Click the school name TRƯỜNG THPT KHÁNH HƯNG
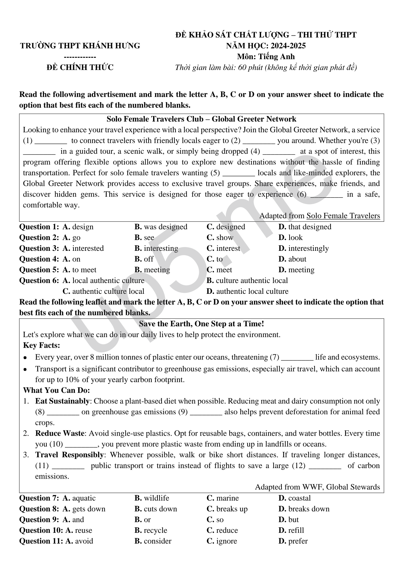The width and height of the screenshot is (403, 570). tap(80, 46)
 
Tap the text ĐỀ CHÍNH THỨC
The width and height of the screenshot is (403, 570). tap(80, 67)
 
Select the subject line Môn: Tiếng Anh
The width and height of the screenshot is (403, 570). tap(266, 57)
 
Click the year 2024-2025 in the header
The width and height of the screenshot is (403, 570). tap(285, 46)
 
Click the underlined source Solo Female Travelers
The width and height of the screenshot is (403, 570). tap(343, 216)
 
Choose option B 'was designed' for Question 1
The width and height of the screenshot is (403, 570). tap(161, 227)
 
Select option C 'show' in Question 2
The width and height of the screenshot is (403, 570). tap(220, 238)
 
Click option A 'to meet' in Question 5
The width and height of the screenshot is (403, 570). tap(80, 270)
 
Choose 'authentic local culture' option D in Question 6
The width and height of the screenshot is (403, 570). tap(248, 291)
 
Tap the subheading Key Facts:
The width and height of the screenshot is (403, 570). tap(41, 346)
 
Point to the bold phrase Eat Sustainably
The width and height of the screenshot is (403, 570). tap(62, 401)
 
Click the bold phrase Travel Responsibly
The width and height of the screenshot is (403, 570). tap(69, 455)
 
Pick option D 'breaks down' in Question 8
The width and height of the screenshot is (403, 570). tap(304, 509)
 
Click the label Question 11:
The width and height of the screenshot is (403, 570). tap(41, 541)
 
